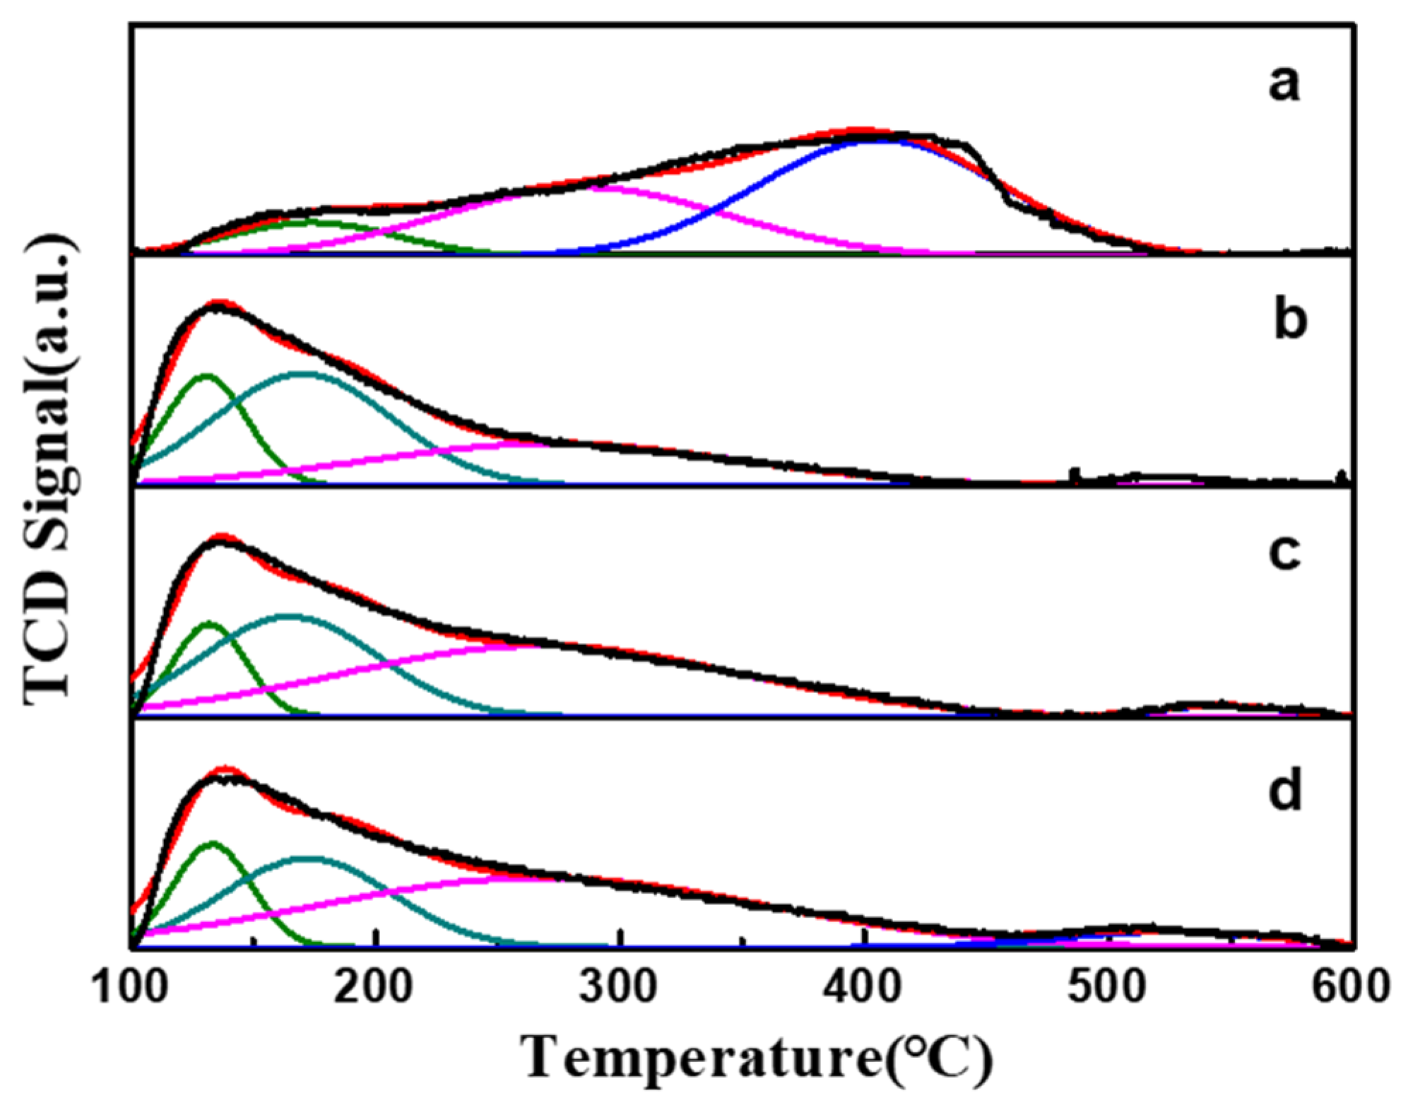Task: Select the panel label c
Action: [1284, 553]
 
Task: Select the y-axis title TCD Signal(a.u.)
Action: [51, 469]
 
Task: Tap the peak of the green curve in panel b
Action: [206, 375]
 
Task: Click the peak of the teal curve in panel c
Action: [288, 615]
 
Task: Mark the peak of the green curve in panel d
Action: [211, 842]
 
